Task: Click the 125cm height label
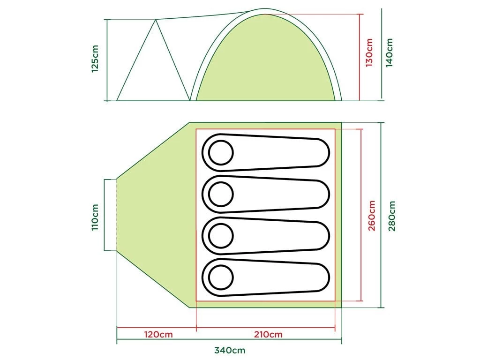(95, 59)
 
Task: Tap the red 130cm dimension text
(369, 52)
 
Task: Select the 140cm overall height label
(389, 52)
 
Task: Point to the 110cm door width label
(95, 217)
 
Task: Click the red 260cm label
(371, 216)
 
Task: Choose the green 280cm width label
(391, 216)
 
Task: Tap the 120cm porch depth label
(158, 334)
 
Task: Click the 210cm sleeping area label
(268, 334)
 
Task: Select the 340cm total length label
(230, 350)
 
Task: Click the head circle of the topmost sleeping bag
(221, 152)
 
